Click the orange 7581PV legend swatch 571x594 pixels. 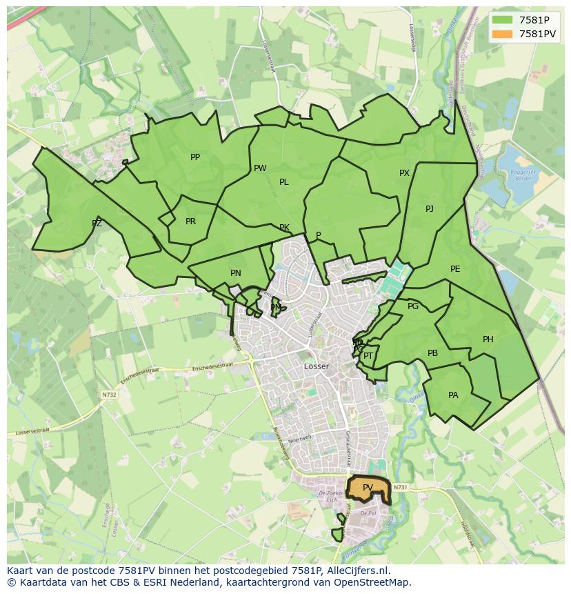pos(503,34)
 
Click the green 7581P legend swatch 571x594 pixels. pos(503,20)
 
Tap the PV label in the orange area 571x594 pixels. pos(368,488)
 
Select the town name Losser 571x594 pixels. pos(317,366)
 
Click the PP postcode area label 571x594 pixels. pos(195,157)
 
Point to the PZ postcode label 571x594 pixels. pos(97,223)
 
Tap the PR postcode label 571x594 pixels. pos(190,221)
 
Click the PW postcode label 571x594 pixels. pos(260,168)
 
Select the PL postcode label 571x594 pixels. pos(283,182)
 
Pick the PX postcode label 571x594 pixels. pos(404,173)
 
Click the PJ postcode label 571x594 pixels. pos(430,208)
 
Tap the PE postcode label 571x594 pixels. pos(455,269)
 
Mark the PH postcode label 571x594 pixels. pos(488,339)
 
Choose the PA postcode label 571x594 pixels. pos(453,395)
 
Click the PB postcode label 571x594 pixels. pos(432,353)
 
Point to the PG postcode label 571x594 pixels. pos(413,306)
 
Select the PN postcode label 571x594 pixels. pos(236,273)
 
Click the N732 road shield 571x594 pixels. pos(109,395)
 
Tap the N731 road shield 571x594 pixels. pos(402,488)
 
